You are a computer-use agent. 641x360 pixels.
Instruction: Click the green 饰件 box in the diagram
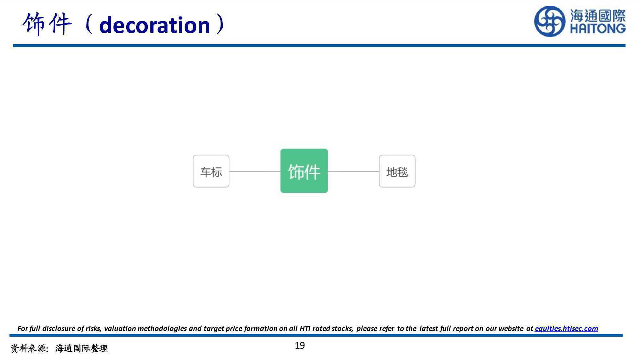(304, 171)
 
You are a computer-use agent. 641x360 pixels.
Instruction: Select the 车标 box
(211, 171)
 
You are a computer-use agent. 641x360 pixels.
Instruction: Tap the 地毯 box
(397, 171)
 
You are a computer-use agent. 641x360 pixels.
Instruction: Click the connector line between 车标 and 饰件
(255, 171)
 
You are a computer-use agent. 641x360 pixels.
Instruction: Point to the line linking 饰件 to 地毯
(354, 171)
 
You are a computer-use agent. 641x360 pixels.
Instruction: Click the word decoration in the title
(154, 25)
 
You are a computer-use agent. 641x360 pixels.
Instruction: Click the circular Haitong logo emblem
(550, 21)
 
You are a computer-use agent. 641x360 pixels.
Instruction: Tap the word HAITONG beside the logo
(598, 29)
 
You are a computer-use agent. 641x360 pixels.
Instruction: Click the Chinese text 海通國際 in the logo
(598, 15)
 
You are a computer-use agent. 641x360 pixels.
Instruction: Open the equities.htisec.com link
(566, 328)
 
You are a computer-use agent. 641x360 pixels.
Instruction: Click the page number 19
(300, 346)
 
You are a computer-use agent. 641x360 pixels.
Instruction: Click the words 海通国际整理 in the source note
(81, 348)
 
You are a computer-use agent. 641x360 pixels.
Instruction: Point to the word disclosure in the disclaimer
(59, 328)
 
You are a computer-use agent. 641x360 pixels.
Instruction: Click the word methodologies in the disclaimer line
(162, 329)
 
